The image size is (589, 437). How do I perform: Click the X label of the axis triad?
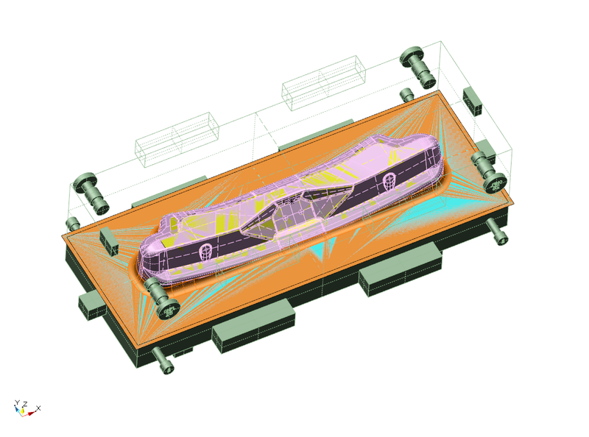coord(38,408)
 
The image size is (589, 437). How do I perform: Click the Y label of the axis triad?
coord(17,403)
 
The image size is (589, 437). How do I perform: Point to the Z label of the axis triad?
coord(25,405)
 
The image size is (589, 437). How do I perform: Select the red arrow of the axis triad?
coord(31,413)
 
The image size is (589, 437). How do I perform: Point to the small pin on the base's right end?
coord(497,231)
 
